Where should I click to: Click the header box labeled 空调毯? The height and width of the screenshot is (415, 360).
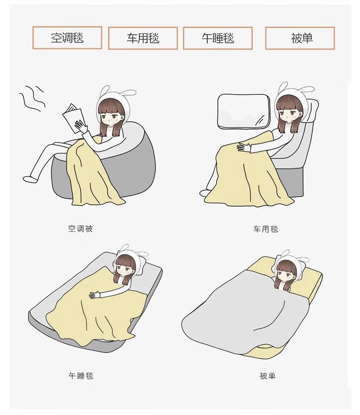coord(67,38)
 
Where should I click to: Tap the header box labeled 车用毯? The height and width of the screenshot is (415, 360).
coord(143,38)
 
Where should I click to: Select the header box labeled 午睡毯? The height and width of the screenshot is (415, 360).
coord(218,38)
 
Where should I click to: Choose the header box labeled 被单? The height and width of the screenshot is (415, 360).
coord(300,38)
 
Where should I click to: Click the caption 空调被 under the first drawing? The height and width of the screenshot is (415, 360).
coord(80,228)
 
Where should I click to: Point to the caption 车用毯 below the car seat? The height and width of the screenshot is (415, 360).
coord(266,228)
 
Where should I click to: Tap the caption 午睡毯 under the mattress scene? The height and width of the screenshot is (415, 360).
coord(81,376)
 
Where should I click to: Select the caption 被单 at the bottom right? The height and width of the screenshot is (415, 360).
coord(267,376)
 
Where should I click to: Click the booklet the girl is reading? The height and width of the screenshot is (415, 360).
coord(72,117)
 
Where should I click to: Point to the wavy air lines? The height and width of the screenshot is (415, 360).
coord(32,99)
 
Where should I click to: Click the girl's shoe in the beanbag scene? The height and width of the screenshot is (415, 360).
coord(30,179)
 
